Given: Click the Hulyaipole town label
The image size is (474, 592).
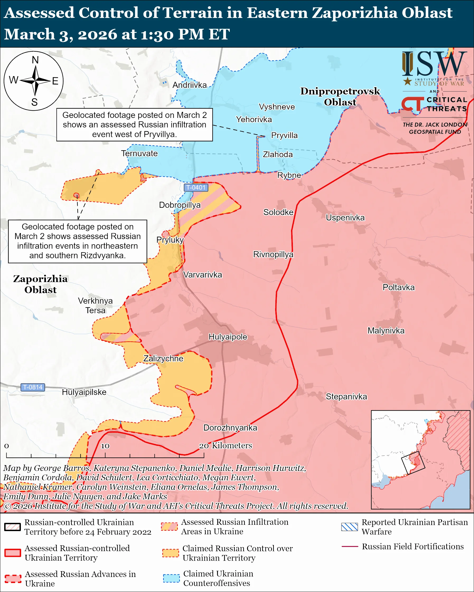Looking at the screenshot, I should pyautogui.click(x=228, y=337).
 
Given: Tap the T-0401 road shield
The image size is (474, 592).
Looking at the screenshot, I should pyautogui.click(x=196, y=188).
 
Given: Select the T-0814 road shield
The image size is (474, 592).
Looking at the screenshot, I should pyautogui.click(x=33, y=387).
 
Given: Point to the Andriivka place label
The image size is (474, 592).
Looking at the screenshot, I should pyautogui.click(x=189, y=85).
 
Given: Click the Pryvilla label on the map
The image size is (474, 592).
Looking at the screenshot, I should pyautogui.click(x=284, y=135).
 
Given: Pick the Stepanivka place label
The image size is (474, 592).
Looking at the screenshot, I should pyautogui.click(x=346, y=397).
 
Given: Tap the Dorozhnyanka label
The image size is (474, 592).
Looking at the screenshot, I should pyautogui.click(x=230, y=428).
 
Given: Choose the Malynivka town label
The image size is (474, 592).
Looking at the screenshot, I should pyautogui.click(x=386, y=331).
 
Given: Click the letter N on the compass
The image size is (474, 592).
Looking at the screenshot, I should pyautogui.click(x=35, y=60).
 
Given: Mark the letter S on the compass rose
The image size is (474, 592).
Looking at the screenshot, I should pyautogui.click(x=34, y=102).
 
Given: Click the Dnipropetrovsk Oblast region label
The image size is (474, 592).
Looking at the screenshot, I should pyautogui.click(x=340, y=96).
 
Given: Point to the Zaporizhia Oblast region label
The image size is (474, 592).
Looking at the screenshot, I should pyautogui.click(x=40, y=284).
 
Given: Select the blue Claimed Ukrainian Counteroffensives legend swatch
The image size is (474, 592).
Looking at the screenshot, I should pyautogui.click(x=171, y=578).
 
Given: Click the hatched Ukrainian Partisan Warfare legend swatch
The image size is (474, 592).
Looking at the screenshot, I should pyautogui.click(x=349, y=527).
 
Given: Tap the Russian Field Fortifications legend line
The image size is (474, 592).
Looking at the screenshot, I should pyautogui.click(x=350, y=546).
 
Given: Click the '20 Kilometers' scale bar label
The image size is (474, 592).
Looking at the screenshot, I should pyautogui.click(x=225, y=445).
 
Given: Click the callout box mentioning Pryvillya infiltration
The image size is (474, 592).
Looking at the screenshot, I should pyautogui.click(x=134, y=125).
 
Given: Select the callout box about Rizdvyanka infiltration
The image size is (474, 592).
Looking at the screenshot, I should pyautogui.click(x=77, y=241).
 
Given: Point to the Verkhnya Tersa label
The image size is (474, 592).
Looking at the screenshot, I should pyautogui.click(x=95, y=305).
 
